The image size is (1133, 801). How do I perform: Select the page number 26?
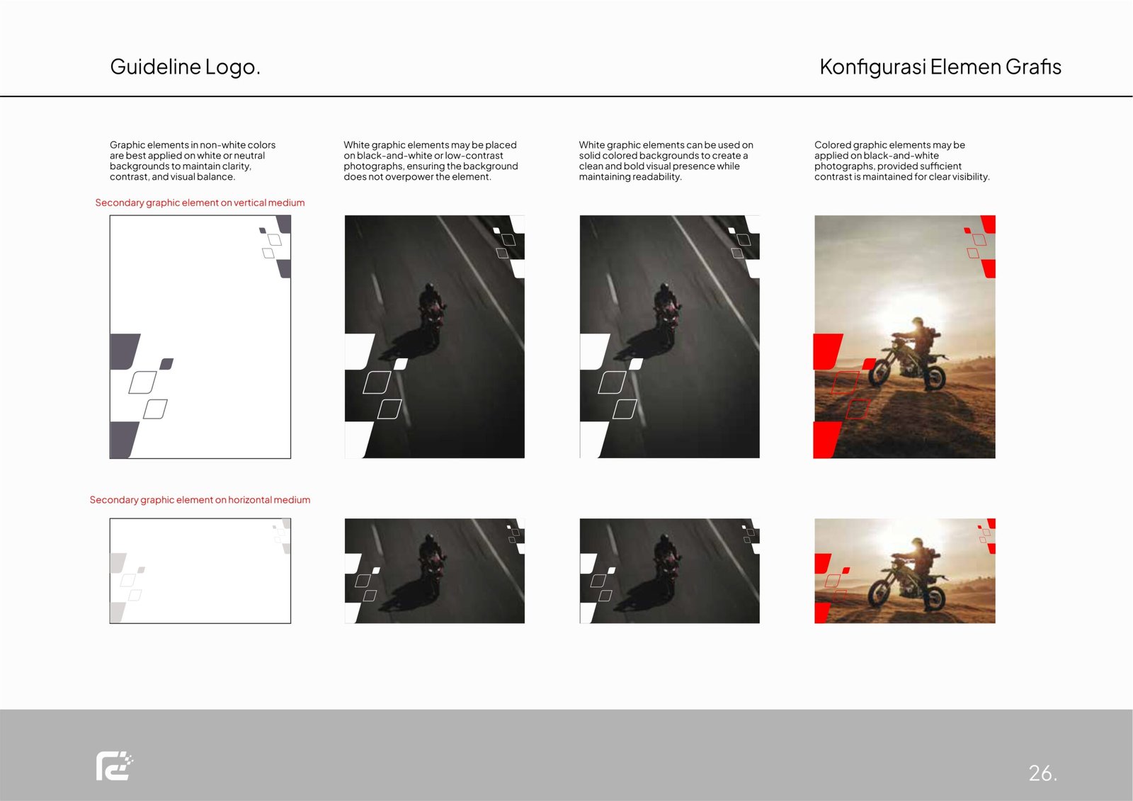coord(1042,773)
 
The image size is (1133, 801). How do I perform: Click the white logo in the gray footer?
coord(115,766)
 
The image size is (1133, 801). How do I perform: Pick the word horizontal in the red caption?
coord(249,500)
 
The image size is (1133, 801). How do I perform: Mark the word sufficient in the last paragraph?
coord(941,166)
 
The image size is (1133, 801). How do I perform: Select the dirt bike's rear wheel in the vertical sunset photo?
coord(935,375)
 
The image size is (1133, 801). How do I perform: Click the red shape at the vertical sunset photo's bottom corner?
coord(826,440)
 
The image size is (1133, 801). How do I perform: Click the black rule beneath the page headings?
coord(566,96)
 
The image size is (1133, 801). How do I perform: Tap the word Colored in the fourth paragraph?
coord(833,145)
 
